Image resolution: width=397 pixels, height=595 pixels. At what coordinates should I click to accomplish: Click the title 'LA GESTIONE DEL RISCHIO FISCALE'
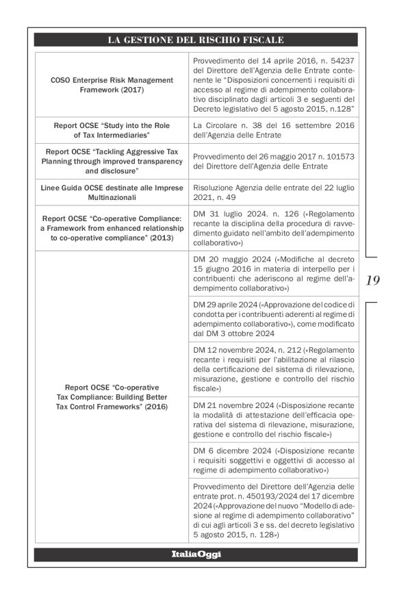pyautogui.click(x=196, y=40)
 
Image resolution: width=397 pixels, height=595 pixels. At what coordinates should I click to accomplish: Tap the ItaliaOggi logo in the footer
pyautogui.click(x=196, y=553)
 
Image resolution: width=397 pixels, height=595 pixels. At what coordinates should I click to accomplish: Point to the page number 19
pyautogui.click(x=374, y=280)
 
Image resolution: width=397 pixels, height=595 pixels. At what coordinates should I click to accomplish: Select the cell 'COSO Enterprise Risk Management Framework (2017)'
pyautogui.click(x=111, y=85)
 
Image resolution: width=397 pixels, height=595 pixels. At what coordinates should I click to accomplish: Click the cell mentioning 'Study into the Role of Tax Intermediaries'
pyautogui.click(x=111, y=131)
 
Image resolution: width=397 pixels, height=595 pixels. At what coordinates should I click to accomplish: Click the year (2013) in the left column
pyautogui.click(x=159, y=238)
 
